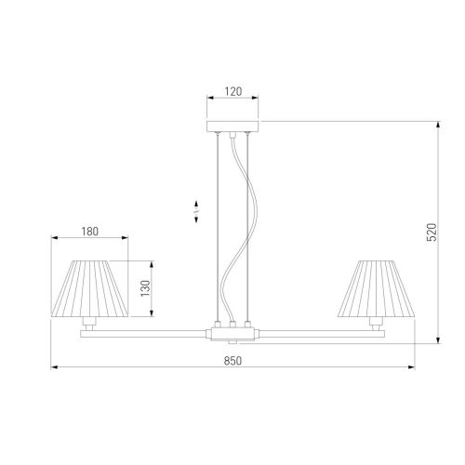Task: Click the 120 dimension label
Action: click(x=232, y=91)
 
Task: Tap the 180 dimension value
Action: click(x=90, y=232)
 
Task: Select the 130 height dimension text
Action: click(x=145, y=288)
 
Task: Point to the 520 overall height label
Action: click(x=432, y=232)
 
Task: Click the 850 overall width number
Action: click(x=232, y=361)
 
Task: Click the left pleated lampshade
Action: click(x=89, y=288)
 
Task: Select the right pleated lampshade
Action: click(x=376, y=288)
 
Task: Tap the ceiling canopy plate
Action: click(x=232, y=126)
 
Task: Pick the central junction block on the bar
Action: click(x=232, y=334)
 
